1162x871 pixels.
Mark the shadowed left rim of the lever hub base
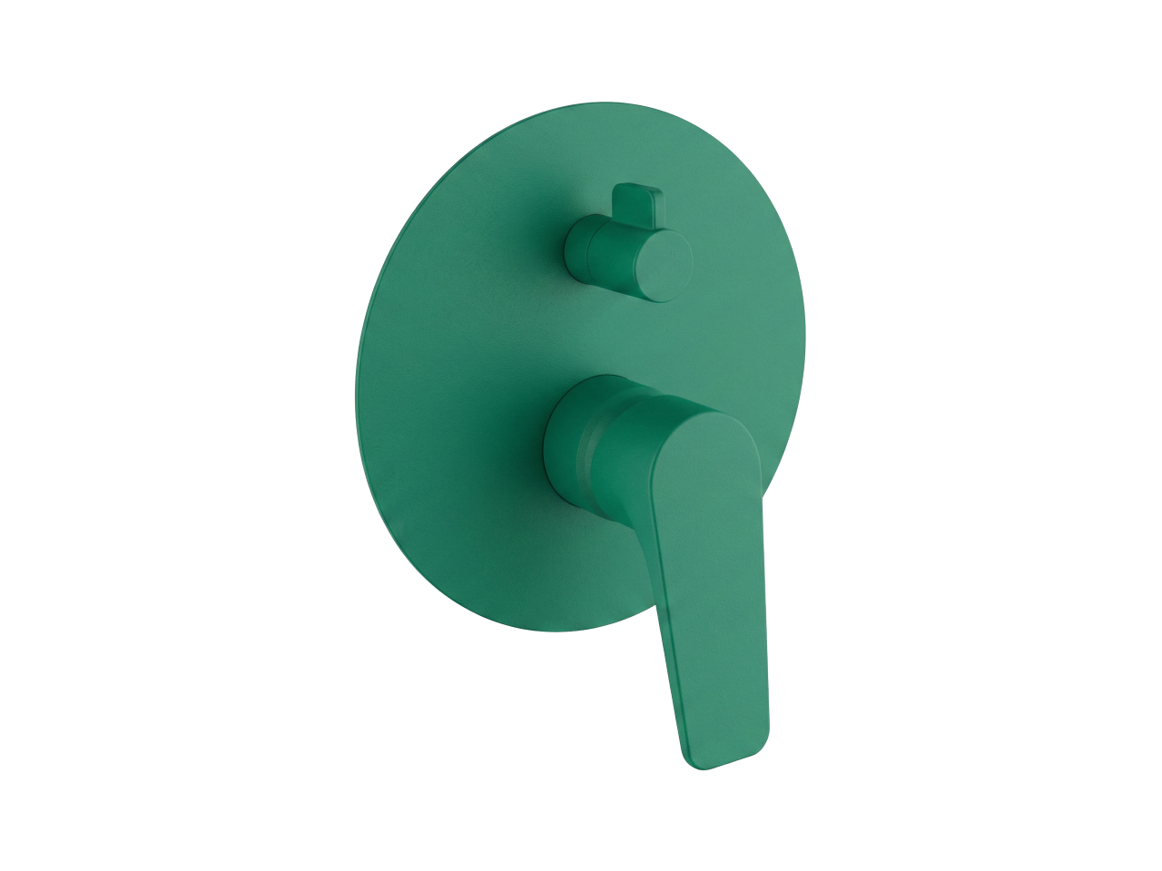[x=548, y=445]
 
